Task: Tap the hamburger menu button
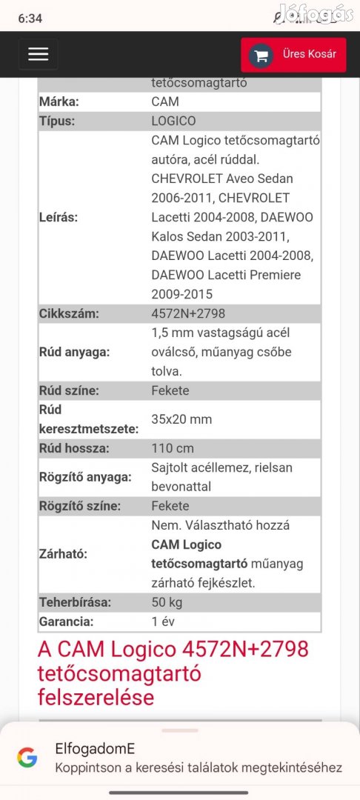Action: point(38,54)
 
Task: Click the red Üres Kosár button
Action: point(293,55)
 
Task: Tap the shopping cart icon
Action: point(260,55)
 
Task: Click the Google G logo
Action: point(27,757)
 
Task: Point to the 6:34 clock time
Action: point(30,19)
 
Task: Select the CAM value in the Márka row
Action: point(165,101)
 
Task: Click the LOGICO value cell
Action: point(173,121)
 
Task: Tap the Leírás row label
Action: point(59,217)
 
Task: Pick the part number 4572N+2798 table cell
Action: point(188,313)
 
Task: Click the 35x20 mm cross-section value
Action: point(181,419)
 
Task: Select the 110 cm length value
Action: point(173,448)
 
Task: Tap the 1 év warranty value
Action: point(163,621)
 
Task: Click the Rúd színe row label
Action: point(69,390)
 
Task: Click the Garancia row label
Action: point(66,621)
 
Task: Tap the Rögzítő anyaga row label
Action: point(85,477)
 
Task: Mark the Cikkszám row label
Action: point(69,313)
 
